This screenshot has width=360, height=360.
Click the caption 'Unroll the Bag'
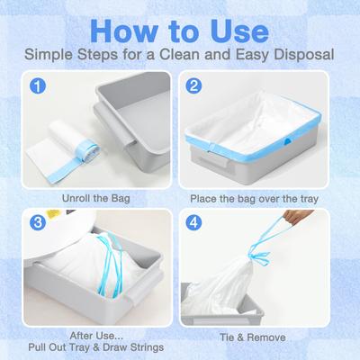click(x=99, y=195)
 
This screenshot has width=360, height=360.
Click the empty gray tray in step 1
click(x=126, y=108)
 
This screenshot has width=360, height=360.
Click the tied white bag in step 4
click(x=270, y=279)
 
